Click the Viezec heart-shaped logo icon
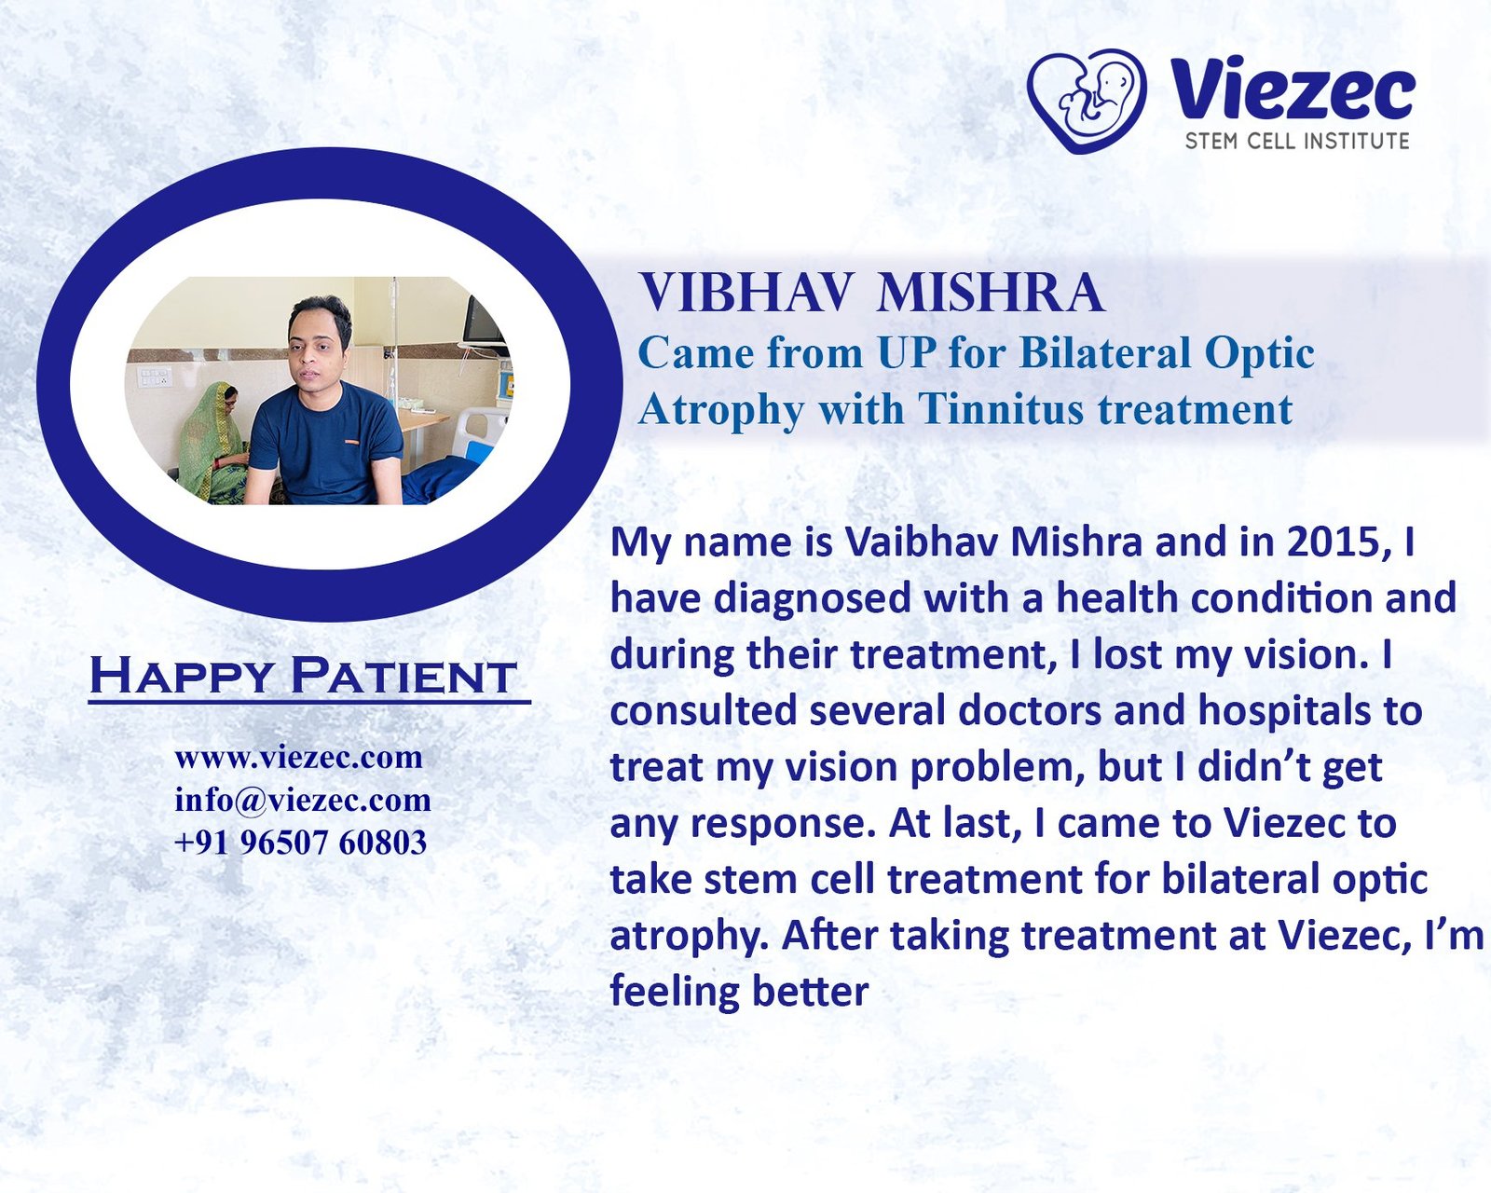(1086, 100)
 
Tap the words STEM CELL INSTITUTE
(1296, 142)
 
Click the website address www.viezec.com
(298, 757)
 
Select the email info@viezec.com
(302, 800)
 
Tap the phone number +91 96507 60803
(300, 843)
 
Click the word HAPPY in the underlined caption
(182, 676)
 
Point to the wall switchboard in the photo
(154, 377)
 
